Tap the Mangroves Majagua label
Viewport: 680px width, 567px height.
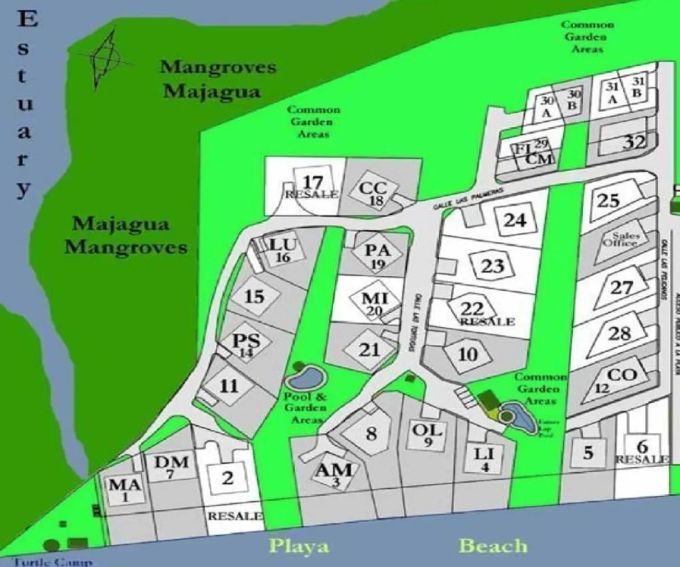[218, 79]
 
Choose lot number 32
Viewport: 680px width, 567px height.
[634, 142]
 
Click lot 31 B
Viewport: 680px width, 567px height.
[636, 88]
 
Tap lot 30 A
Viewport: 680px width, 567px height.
[547, 106]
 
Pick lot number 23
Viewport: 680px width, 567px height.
[492, 265]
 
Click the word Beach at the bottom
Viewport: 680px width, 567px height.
[493, 546]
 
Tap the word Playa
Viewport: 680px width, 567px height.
[299, 547]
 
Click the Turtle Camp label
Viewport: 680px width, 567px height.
[53, 562]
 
